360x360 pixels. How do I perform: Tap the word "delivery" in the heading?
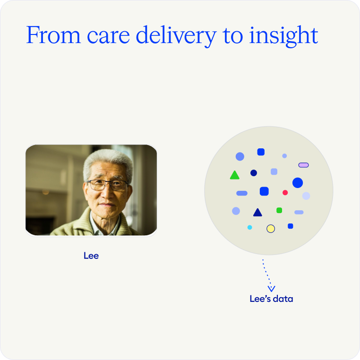click(x=176, y=36)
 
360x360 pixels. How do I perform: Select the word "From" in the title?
click(x=53, y=35)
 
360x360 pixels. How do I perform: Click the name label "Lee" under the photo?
click(x=91, y=256)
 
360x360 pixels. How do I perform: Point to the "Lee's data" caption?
click(x=271, y=299)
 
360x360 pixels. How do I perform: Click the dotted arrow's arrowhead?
click(x=271, y=289)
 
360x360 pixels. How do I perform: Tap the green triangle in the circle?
click(x=235, y=175)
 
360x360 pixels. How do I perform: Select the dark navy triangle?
click(x=257, y=213)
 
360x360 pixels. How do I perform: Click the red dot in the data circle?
click(x=285, y=193)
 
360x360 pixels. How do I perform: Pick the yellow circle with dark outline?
click(x=271, y=229)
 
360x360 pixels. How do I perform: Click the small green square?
click(x=279, y=210)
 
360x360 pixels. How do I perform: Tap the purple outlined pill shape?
click(x=303, y=165)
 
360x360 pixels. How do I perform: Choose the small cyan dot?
click(x=250, y=227)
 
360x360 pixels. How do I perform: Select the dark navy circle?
click(x=254, y=173)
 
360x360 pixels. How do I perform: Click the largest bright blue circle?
click(x=298, y=183)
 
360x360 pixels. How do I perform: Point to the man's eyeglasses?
click(x=107, y=185)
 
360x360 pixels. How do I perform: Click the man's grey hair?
click(x=108, y=161)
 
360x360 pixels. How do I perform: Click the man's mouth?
click(x=106, y=205)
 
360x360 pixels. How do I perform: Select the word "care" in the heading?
click(x=108, y=36)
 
